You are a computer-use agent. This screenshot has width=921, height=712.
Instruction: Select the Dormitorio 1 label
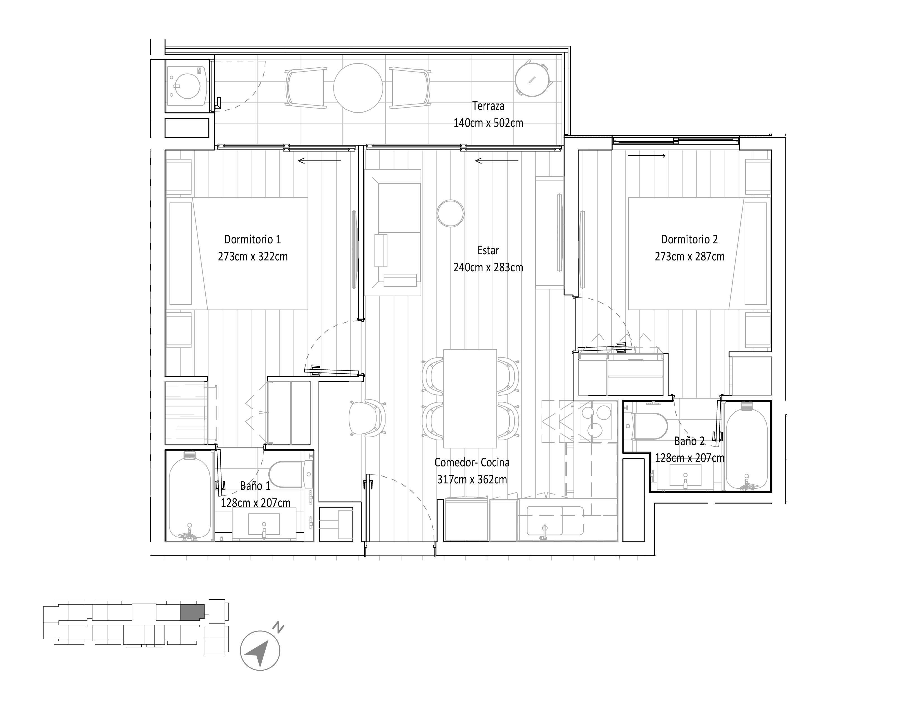pos(252,239)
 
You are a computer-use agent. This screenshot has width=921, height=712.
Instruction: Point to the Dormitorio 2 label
pos(689,239)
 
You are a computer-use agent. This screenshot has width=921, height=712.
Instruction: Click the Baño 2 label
pos(689,441)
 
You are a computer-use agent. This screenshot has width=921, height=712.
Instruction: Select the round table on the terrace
pos(358,88)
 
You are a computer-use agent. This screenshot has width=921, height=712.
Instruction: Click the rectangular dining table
pos(470,398)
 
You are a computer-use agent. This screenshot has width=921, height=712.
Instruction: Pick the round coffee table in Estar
pos(450,213)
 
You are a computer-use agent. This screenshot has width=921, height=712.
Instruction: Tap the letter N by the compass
pos(278,627)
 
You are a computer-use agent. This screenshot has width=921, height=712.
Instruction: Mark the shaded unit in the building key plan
pos(192,612)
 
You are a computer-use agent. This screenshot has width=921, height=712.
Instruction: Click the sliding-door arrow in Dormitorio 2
pos(646,156)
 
